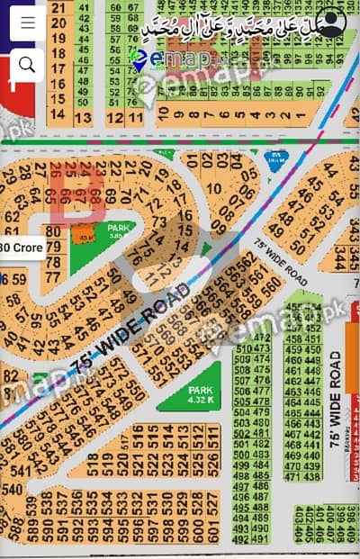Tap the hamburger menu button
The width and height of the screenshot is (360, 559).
pos(27,23)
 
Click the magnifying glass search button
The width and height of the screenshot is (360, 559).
pos(27,63)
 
